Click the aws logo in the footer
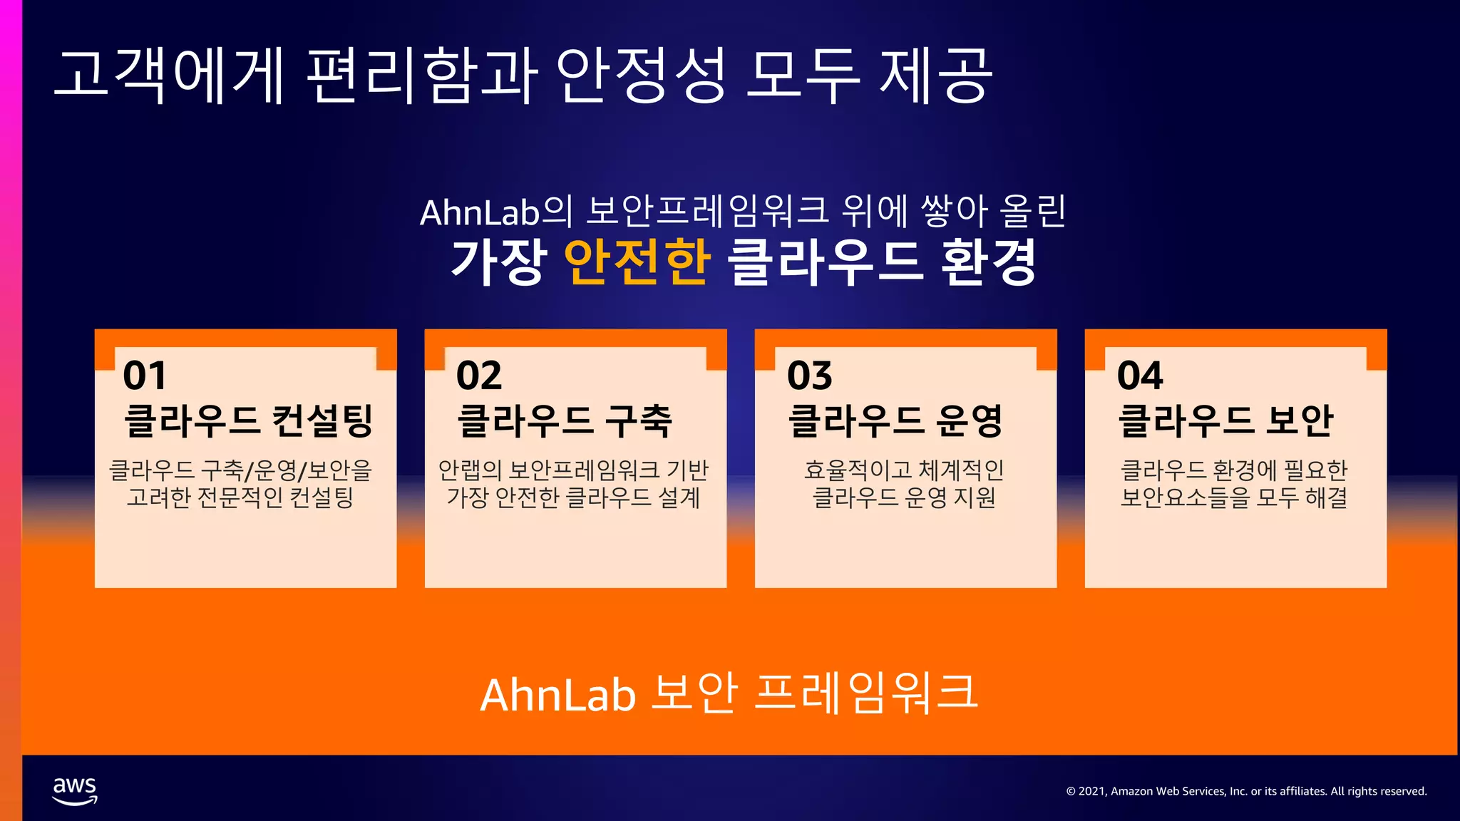(75, 790)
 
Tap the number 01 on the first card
(145, 376)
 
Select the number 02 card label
(479, 376)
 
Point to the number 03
(809, 376)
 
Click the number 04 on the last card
(1140, 376)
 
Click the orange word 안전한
(637, 262)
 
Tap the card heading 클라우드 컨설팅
(248, 420)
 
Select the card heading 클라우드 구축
(565, 420)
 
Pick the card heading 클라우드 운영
(895, 420)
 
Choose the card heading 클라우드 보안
(1225, 420)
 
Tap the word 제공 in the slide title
(935, 75)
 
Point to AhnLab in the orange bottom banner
(557, 695)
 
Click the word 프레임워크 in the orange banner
(865, 693)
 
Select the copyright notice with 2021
(1246, 791)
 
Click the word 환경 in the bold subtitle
(989, 262)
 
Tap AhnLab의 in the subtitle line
(496, 212)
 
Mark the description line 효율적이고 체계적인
(904, 470)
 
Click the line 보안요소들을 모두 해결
(1234, 497)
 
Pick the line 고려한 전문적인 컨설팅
(240, 497)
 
